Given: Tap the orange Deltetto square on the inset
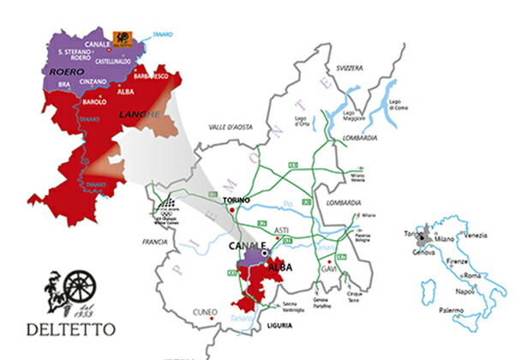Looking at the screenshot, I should click(x=123, y=38).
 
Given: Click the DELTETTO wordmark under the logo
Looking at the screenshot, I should click(x=69, y=328).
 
